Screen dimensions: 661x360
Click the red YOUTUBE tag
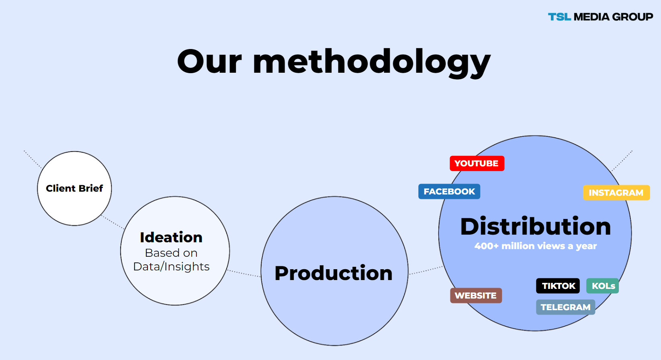(477, 164)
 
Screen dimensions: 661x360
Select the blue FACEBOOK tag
(449, 192)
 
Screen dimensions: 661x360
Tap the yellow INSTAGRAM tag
(616, 193)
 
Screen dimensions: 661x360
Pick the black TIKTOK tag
(558, 286)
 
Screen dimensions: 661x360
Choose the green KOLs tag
(602, 286)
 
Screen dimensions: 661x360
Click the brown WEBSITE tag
(476, 295)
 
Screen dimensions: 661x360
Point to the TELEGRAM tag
(565, 307)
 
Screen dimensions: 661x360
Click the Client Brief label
(74, 188)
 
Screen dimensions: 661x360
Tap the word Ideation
(171, 237)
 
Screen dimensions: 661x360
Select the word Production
(334, 273)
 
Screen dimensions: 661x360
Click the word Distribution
(535, 226)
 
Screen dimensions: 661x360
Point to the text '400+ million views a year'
(535, 246)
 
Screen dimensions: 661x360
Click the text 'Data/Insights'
(171, 266)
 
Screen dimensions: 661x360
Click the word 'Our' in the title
(209, 62)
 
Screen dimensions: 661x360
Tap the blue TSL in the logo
(559, 17)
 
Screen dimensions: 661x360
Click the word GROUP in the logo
(632, 17)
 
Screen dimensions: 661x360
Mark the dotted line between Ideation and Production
(244, 273)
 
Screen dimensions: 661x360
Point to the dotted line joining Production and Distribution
(426, 270)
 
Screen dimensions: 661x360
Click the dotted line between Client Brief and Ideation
(113, 222)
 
